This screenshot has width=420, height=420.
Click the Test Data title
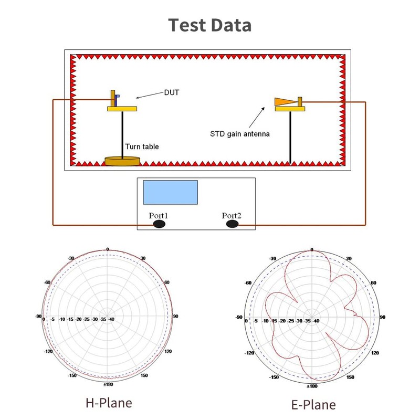pyautogui.click(x=209, y=25)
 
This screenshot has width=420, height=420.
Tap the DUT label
pyautogui.click(x=171, y=92)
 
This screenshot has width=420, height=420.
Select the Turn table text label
pyautogui.click(x=142, y=147)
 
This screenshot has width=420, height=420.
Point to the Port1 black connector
pyautogui.click(x=159, y=224)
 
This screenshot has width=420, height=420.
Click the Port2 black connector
pyautogui.click(x=232, y=224)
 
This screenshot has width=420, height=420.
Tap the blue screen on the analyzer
pyautogui.click(x=171, y=192)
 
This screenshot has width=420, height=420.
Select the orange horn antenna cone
pyautogui.click(x=285, y=101)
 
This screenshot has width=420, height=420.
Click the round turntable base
pyautogui.click(x=122, y=161)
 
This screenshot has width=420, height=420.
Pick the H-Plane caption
pyautogui.click(x=109, y=403)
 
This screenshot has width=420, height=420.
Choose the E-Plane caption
pyautogui.click(x=313, y=404)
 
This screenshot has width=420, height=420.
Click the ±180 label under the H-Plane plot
pyautogui.click(x=108, y=385)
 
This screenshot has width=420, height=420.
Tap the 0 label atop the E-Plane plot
pyautogui.click(x=312, y=249)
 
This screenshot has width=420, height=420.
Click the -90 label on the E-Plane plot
pyautogui.click(x=239, y=317)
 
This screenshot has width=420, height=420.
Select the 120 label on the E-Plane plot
pyautogui.click(x=375, y=353)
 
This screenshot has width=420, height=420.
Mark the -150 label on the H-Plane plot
pyautogui.click(x=72, y=375)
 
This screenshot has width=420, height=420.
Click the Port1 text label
pyautogui.click(x=158, y=215)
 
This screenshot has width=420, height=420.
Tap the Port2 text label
pyautogui.click(x=232, y=215)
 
